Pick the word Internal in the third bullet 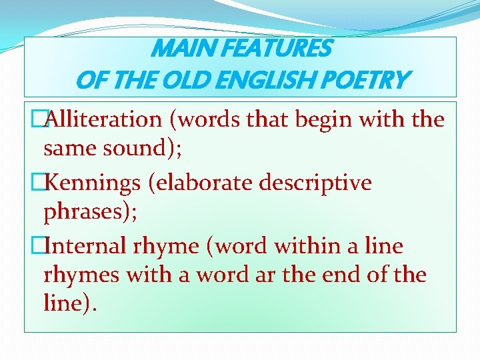coord(90,246)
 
